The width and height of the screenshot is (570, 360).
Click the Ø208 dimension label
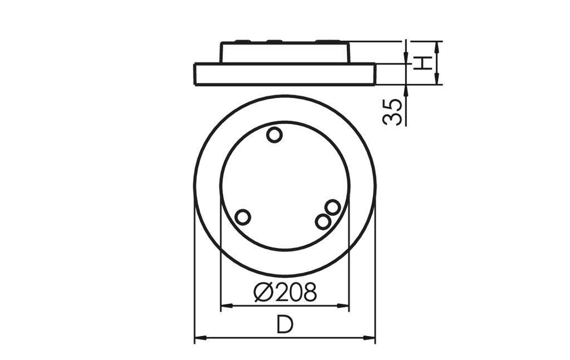285,292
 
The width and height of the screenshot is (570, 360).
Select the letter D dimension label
284,325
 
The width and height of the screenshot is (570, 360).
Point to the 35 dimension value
393,111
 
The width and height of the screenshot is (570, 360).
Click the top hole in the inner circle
274,135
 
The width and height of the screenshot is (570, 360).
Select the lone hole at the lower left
243,217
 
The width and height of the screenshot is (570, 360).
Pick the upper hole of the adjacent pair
332,208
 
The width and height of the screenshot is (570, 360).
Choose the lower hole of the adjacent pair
322,221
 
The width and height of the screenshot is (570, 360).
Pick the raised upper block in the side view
284,53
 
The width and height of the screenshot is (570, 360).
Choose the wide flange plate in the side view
284,74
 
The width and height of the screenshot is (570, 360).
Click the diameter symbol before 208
263,292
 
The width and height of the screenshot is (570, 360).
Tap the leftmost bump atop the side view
243,41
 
